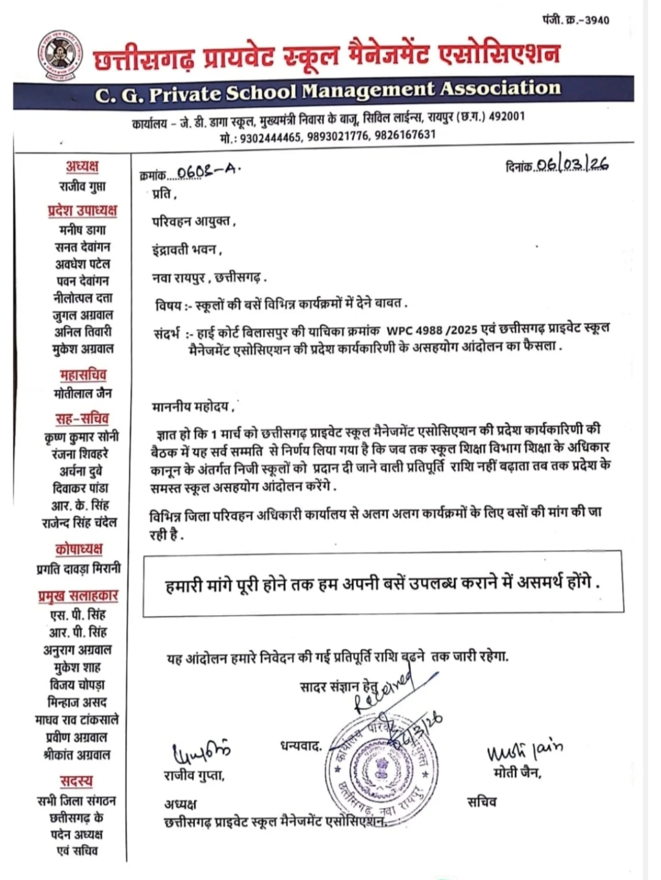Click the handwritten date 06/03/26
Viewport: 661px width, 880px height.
click(572, 164)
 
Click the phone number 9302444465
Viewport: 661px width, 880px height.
click(270, 136)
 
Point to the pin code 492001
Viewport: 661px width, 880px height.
click(506, 117)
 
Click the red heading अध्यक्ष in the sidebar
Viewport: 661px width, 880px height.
click(82, 166)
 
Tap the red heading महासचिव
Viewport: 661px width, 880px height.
click(83, 375)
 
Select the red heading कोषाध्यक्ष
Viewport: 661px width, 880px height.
click(78, 548)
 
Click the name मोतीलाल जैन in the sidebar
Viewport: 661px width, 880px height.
click(83, 393)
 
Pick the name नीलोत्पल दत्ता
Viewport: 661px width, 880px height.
click(83, 298)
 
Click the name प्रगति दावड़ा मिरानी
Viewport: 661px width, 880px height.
click(79, 568)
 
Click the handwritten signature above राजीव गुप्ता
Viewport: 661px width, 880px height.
click(200, 751)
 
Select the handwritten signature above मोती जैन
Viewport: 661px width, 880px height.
click(524, 749)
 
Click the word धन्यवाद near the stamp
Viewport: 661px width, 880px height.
click(301, 746)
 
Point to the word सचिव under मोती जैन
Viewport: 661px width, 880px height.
click(482, 802)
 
